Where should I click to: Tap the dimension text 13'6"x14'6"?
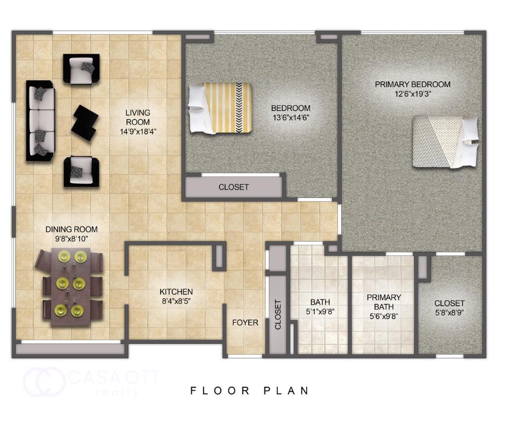pyautogui.click(x=291, y=117)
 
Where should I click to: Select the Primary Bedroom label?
pyautogui.click(x=412, y=84)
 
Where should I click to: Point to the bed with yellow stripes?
pyautogui.click(x=220, y=108)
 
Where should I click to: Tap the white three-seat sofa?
pyautogui.click(x=41, y=121)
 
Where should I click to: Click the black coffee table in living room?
pyautogui.click(x=84, y=123)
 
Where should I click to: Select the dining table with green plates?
pyautogui.click(x=69, y=287)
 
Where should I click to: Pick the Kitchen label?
pyautogui.click(x=176, y=292)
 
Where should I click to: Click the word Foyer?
pyautogui.click(x=245, y=323)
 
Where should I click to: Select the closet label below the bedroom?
pyautogui.click(x=234, y=187)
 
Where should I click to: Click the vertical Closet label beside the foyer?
pyautogui.click(x=278, y=315)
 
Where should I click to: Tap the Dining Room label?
pyautogui.click(x=71, y=230)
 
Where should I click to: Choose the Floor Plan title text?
pyautogui.click(x=250, y=391)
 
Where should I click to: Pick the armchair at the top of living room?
pyautogui.click(x=82, y=68)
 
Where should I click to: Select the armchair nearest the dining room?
pyautogui.click(x=82, y=171)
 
